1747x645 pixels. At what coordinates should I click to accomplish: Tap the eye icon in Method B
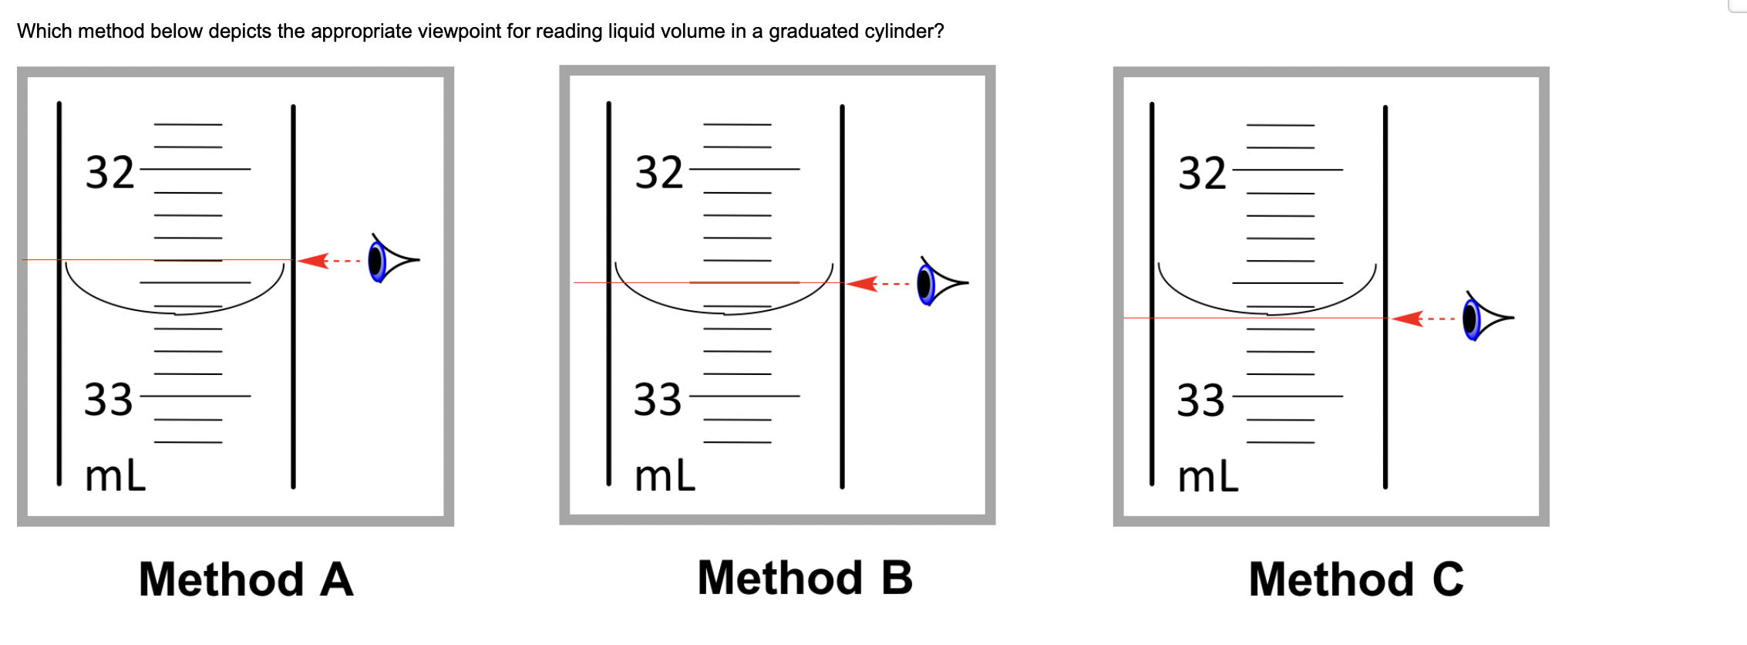[x=941, y=283]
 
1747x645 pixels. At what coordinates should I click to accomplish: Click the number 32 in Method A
[x=109, y=172]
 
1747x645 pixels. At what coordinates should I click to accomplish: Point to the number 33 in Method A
[x=109, y=400]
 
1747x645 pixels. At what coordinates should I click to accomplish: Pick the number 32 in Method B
[x=659, y=172]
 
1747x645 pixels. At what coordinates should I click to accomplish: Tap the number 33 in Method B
[x=658, y=400]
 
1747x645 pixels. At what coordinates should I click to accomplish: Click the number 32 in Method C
[x=1202, y=173]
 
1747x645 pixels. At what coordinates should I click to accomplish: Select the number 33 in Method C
[x=1200, y=400]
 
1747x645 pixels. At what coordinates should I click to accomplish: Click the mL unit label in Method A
[x=115, y=475]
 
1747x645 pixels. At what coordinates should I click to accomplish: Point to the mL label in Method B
[x=665, y=475]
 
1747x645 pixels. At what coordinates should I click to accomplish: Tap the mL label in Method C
[x=1208, y=476]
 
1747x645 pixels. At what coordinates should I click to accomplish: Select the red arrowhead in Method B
[x=862, y=284]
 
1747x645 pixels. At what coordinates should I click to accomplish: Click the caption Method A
[x=246, y=579]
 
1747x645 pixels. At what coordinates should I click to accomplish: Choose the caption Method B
[x=804, y=578]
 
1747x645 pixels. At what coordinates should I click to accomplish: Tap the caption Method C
[x=1355, y=579]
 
